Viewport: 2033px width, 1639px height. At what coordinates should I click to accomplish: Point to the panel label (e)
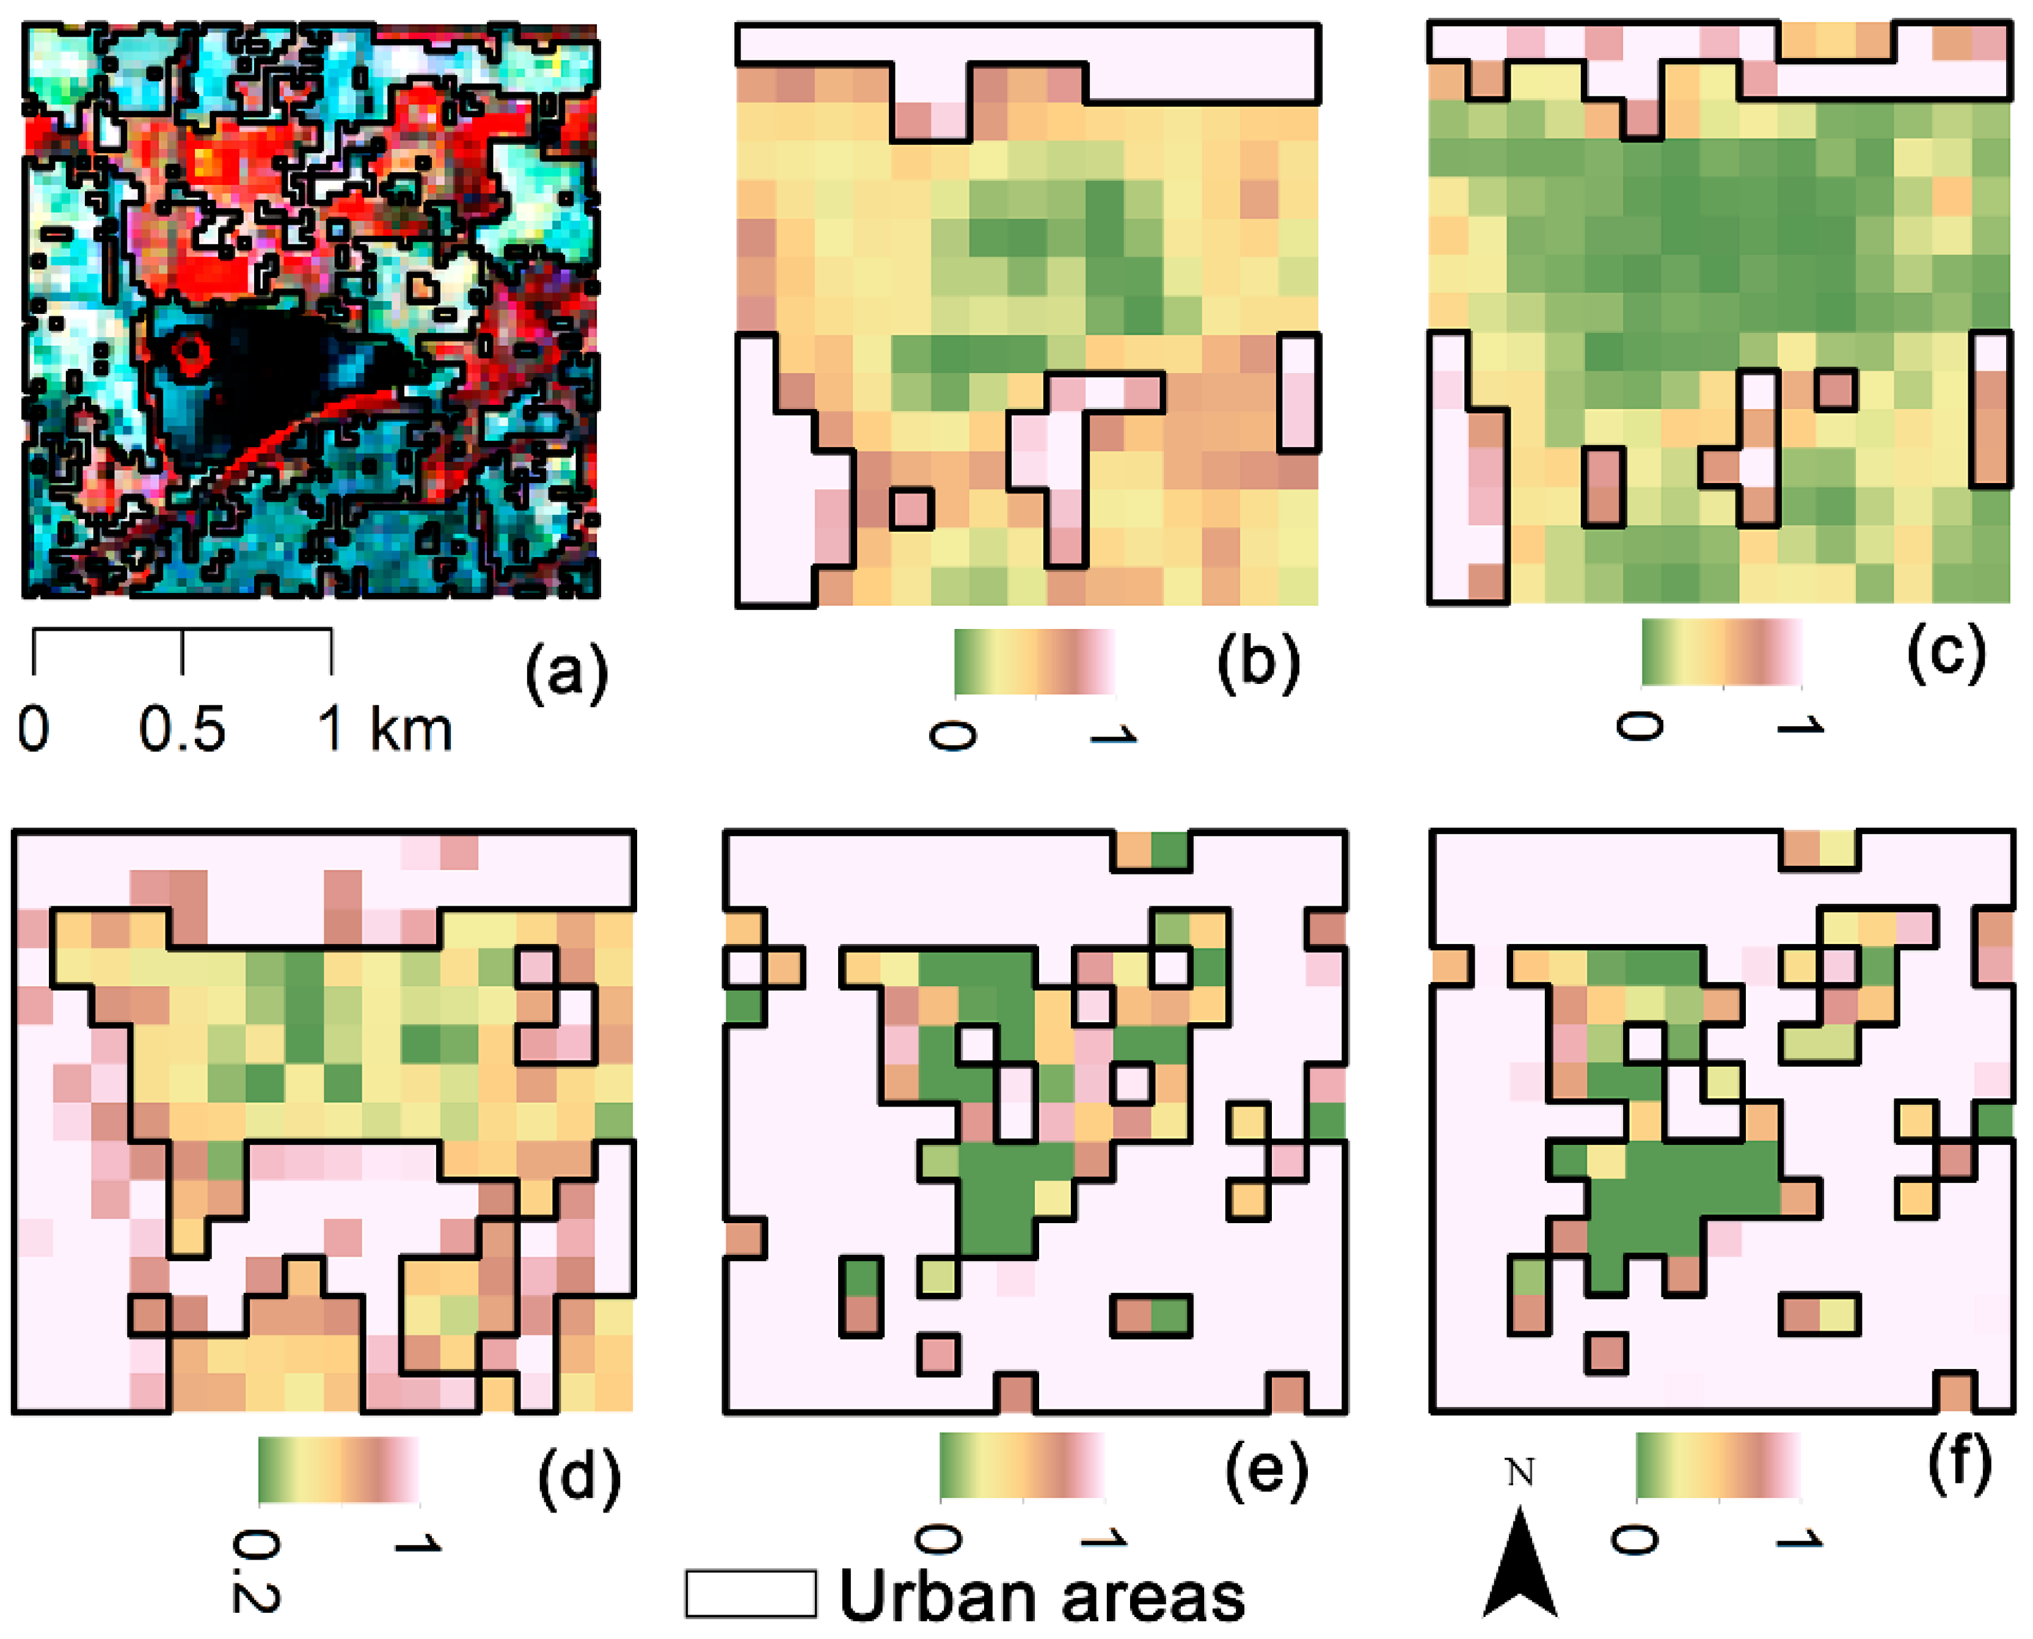point(1266,1469)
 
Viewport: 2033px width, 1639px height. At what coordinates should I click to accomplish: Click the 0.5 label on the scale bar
point(182,730)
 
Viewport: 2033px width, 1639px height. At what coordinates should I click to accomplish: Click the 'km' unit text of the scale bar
point(411,730)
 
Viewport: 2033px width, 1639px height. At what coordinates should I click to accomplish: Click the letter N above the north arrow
point(1519,1472)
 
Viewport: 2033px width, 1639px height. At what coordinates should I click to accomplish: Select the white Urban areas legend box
point(751,1594)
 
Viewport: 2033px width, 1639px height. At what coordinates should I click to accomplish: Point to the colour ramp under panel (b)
point(1035,662)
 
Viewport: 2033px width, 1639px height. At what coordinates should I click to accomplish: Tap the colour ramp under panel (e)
point(1022,1466)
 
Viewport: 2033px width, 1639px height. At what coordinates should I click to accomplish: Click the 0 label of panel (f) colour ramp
point(1633,1541)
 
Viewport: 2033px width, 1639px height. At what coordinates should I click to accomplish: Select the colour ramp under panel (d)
point(338,1469)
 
